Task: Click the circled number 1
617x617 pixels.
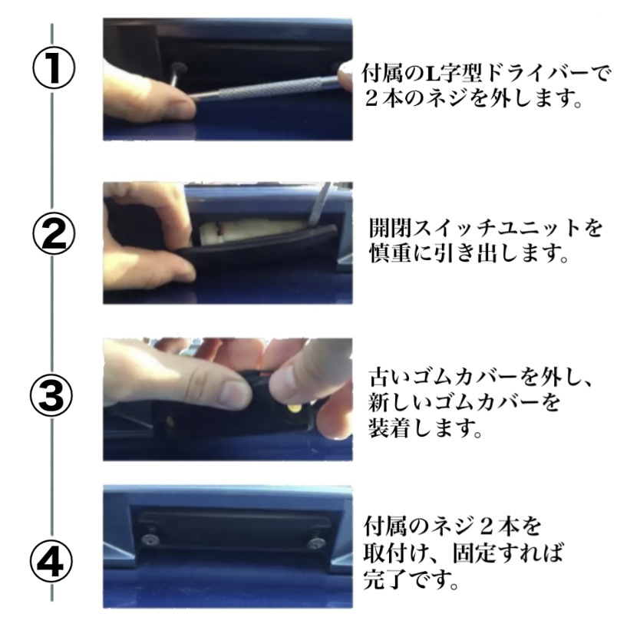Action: coord(53,68)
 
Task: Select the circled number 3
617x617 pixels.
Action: coord(51,395)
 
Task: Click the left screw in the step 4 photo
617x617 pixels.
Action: coord(150,539)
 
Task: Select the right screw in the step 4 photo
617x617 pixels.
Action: coord(316,543)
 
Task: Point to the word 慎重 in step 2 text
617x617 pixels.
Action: coord(391,252)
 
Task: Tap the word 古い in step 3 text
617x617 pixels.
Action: coord(390,377)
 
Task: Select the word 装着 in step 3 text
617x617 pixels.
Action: coord(391,427)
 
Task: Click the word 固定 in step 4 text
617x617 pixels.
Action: coord(473,553)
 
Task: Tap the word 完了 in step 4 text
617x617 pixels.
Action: coord(384,578)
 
